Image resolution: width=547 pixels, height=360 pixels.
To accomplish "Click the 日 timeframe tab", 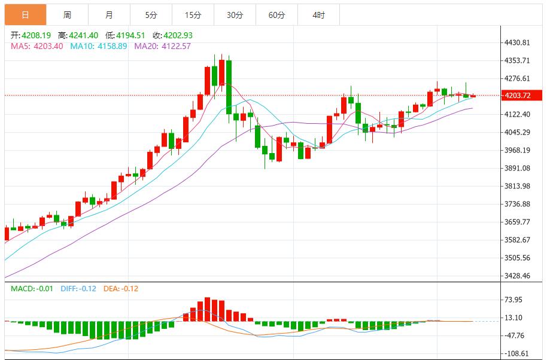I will tap(25, 15).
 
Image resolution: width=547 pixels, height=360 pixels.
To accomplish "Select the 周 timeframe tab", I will tap(67, 15).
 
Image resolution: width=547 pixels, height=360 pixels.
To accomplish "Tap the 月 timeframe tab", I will tap(109, 15).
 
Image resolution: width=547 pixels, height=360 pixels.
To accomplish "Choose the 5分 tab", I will tap(151, 15).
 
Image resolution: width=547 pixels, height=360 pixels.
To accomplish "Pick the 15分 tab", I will tap(193, 15).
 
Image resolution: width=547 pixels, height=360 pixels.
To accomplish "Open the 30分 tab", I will tap(235, 15).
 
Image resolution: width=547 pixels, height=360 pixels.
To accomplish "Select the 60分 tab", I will tap(276, 15).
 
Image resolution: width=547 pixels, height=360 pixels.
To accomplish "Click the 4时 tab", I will tap(318, 15).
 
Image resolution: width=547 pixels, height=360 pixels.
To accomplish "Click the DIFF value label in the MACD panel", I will tap(78, 289).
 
